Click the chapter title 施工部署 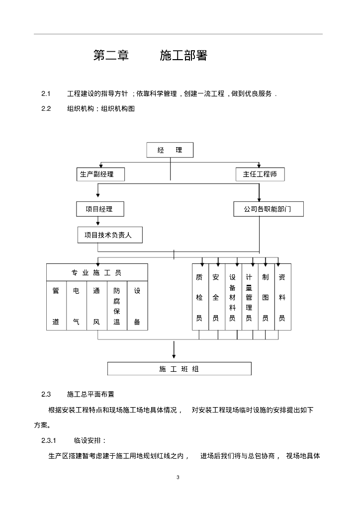(x=183, y=56)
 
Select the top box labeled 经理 (x=170, y=150)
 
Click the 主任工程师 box (x=260, y=174)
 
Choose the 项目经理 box (x=99, y=209)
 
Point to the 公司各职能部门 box (x=268, y=209)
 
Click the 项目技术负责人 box (x=110, y=236)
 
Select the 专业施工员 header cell (x=97, y=273)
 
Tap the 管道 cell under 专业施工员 (x=56, y=306)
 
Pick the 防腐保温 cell (x=117, y=306)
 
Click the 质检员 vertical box (x=199, y=297)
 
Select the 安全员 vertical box (x=216, y=297)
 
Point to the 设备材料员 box (x=232, y=297)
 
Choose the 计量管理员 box (x=249, y=297)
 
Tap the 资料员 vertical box (x=282, y=297)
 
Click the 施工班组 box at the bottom (x=180, y=369)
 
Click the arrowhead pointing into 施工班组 (x=174, y=356)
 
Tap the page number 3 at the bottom (x=178, y=478)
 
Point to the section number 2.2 (x=46, y=109)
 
